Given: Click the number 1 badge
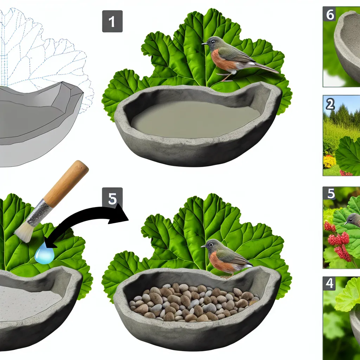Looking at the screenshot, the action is click(112, 21).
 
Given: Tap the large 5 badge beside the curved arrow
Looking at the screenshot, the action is click(112, 198).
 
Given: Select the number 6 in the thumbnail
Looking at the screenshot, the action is click(330, 15).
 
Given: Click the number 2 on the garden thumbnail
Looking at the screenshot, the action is click(330, 105).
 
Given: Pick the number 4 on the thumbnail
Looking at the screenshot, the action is click(329, 283).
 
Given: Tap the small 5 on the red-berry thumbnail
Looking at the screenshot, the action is click(330, 194).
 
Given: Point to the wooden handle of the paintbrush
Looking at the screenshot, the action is click(66, 183).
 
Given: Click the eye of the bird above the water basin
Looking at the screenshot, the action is click(213, 41).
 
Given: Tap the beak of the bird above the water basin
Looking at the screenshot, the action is click(204, 43).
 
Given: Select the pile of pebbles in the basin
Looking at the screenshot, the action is click(194, 301).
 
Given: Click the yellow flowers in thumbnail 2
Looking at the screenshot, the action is click(329, 161).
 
